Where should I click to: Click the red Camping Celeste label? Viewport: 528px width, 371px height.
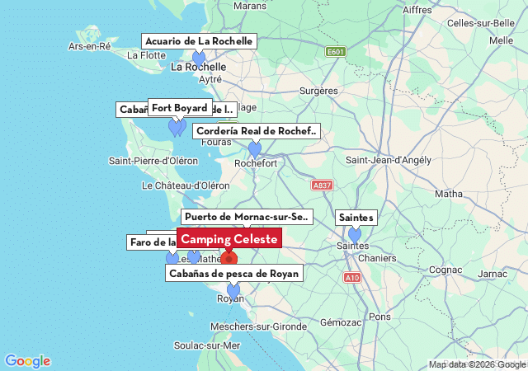coord(229,238)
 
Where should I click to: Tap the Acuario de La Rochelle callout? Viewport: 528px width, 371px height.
coord(199,41)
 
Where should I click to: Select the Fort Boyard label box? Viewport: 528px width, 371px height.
coord(179,108)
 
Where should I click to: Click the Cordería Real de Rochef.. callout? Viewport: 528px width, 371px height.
coord(256,131)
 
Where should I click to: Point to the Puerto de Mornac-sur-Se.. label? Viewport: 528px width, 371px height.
coord(247,217)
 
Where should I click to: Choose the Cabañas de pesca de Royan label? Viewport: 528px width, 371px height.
coord(233,273)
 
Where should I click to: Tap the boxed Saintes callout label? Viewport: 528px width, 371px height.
coord(356,218)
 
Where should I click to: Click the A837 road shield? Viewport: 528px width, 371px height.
coord(323,185)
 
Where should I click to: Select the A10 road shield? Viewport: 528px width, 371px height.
coord(352,278)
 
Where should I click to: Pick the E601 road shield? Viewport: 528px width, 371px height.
coord(335,52)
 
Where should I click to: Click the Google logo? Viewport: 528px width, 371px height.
coord(27,361)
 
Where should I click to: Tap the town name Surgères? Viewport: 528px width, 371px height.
coord(318,91)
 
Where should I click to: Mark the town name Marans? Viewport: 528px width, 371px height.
coord(250,6)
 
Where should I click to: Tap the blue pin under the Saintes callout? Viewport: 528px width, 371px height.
coord(355,234)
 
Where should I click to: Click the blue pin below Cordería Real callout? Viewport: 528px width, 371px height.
coord(255,148)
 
